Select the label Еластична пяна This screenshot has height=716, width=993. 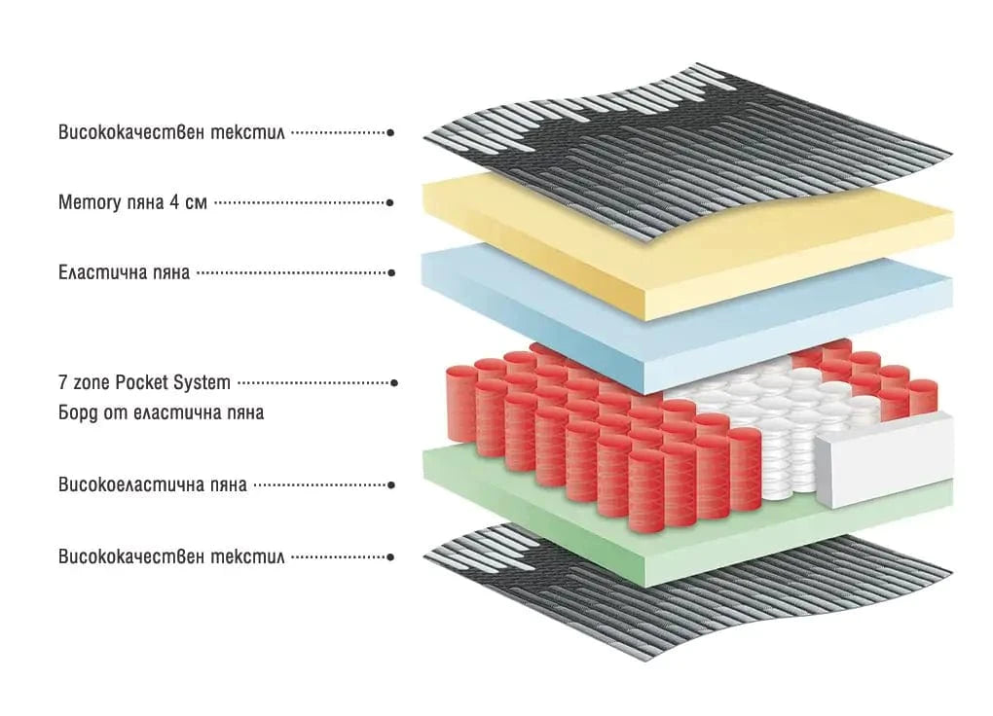pyautogui.click(x=124, y=273)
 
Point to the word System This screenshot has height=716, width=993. pyautogui.click(x=202, y=382)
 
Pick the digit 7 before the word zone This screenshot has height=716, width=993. pyautogui.click(x=62, y=382)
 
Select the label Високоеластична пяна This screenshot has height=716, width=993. pyautogui.click(x=152, y=484)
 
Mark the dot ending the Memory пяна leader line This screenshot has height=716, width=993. pyautogui.click(x=390, y=203)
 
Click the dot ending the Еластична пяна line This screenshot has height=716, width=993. pyautogui.click(x=391, y=273)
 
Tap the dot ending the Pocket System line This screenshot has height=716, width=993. pyautogui.click(x=393, y=383)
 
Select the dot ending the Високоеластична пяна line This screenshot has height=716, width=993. pyautogui.click(x=390, y=484)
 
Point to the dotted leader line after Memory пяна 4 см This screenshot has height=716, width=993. pyautogui.click(x=297, y=203)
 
